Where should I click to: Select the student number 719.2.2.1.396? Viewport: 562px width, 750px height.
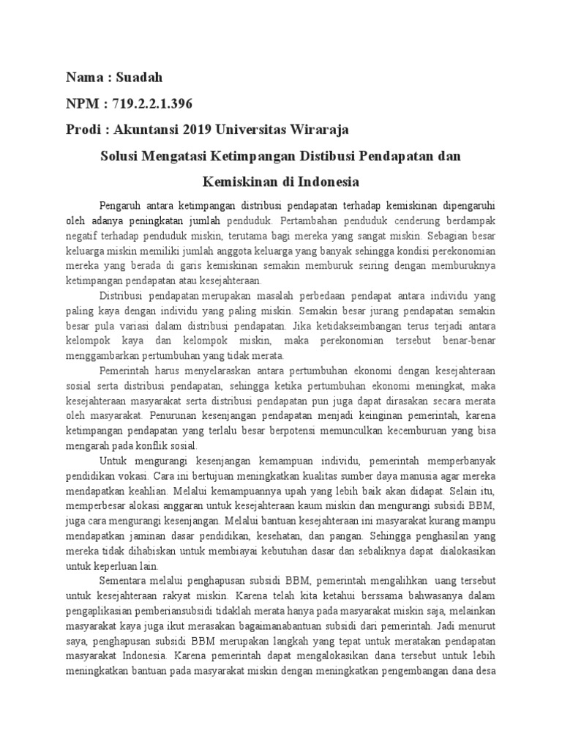(x=154, y=103)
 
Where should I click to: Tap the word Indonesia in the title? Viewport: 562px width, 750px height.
(x=326, y=180)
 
